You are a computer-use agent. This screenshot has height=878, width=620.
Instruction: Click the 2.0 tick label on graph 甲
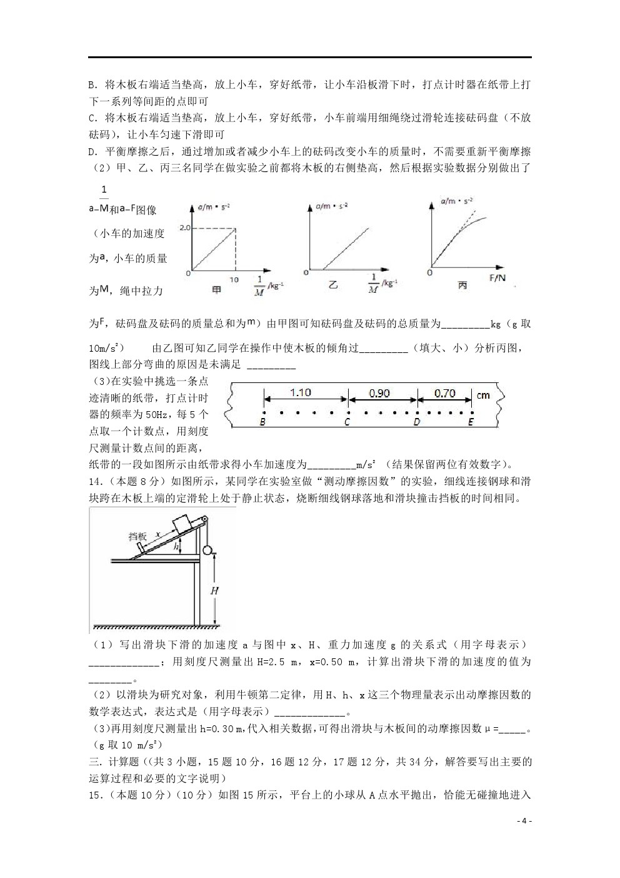pyautogui.click(x=184, y=228)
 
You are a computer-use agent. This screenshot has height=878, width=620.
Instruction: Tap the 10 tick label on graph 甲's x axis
pyautogui.click(x=234, y=280)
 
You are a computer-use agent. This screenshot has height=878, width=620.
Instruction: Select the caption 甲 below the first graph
pyautogui.click(x=216, y=290)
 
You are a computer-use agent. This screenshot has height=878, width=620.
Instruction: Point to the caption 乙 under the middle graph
pyautogui.click(x=334, y=285)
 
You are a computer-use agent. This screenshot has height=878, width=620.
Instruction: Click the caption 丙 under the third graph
pyautogui.click(x=462, y=285)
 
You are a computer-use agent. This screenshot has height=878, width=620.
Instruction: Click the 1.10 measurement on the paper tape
pyautogui.click(x=300, y=393)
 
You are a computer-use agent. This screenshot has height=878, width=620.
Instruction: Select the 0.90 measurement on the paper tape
pyautogui.click(x=379, y=394)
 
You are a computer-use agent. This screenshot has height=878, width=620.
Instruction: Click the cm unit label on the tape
pyautogui.click(x=483, y=396)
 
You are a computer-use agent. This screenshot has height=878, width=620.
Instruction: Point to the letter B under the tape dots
pyautogui.click(x=263, y=422)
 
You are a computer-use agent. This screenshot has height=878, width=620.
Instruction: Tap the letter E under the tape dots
pyautogui.click(x=471, y=422)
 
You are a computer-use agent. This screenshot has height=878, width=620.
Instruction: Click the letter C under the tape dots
pyautogui.click(x=347, y=422)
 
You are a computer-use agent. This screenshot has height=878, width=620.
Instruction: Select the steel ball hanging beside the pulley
pyautogui.click(x=208, y=551)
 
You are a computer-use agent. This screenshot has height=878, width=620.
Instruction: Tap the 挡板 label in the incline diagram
pyautogui.click(x=137, y=536)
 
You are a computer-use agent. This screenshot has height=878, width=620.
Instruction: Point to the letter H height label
pyautogui.click(x=214, y=590)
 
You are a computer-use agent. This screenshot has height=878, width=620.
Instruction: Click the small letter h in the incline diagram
pyautogui.click(x=177, y=546)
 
